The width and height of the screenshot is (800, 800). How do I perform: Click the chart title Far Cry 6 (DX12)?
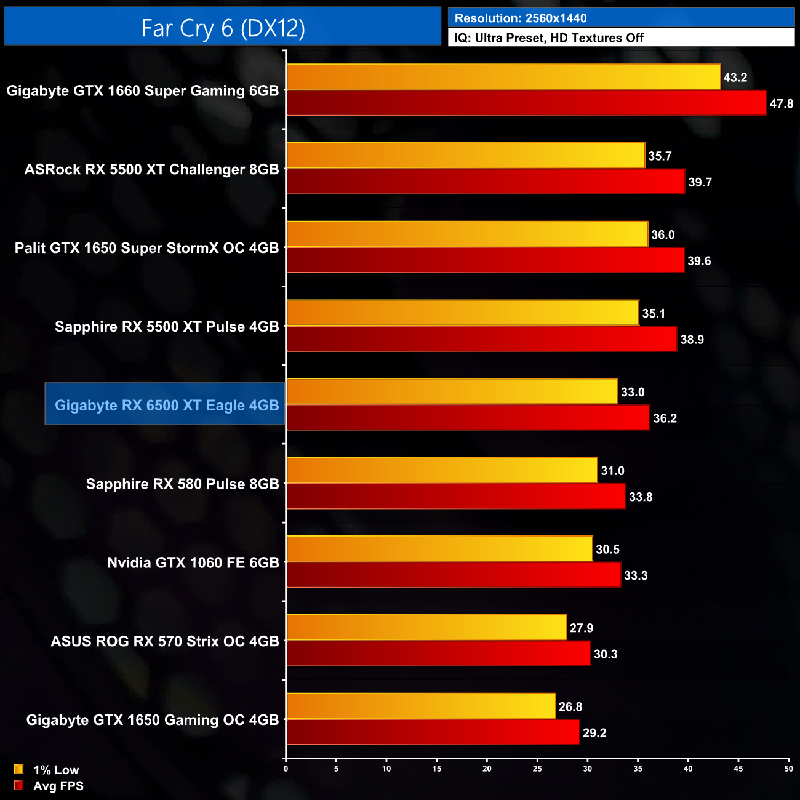[223, 28]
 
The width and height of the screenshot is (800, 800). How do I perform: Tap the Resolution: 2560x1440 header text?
[520, 18]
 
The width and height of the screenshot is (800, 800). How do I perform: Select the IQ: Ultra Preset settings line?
[548, 38]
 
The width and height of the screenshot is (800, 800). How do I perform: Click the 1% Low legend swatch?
[18, 769]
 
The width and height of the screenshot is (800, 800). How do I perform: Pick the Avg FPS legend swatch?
[18, 785]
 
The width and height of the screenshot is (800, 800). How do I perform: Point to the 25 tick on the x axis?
[537, 769]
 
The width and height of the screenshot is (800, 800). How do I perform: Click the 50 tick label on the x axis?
[788, 769]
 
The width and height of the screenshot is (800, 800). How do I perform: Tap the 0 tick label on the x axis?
[286, 769]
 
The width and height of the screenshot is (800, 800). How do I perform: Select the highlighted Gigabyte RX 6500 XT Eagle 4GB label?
[166, 405]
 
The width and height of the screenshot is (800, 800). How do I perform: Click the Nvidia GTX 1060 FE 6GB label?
[193, 562]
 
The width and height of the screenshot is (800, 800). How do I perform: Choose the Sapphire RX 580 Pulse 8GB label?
[182, 484]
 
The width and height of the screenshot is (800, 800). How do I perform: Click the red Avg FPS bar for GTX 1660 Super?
[526, 103]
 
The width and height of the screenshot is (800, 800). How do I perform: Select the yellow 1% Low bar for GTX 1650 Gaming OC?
[421, 706]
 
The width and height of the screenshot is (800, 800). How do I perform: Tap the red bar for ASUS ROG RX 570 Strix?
[438, 654]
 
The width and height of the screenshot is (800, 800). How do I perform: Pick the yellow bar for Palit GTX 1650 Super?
[467, 234]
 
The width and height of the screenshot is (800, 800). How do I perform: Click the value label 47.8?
[781, 103]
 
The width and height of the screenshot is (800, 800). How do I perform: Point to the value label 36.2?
[665, 418]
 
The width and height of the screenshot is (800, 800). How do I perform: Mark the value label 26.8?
[570, 706]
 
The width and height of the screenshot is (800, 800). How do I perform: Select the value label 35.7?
[660, 156]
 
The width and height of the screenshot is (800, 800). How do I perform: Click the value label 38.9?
[692, 340]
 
